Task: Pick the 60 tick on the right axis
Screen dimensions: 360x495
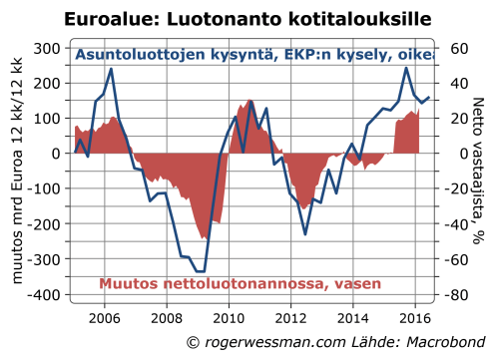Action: pos(458,48)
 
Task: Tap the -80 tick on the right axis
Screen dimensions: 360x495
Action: pos(458,295)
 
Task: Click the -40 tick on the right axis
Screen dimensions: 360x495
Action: pos(458,224)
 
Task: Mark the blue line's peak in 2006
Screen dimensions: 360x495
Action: pos(111,69)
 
